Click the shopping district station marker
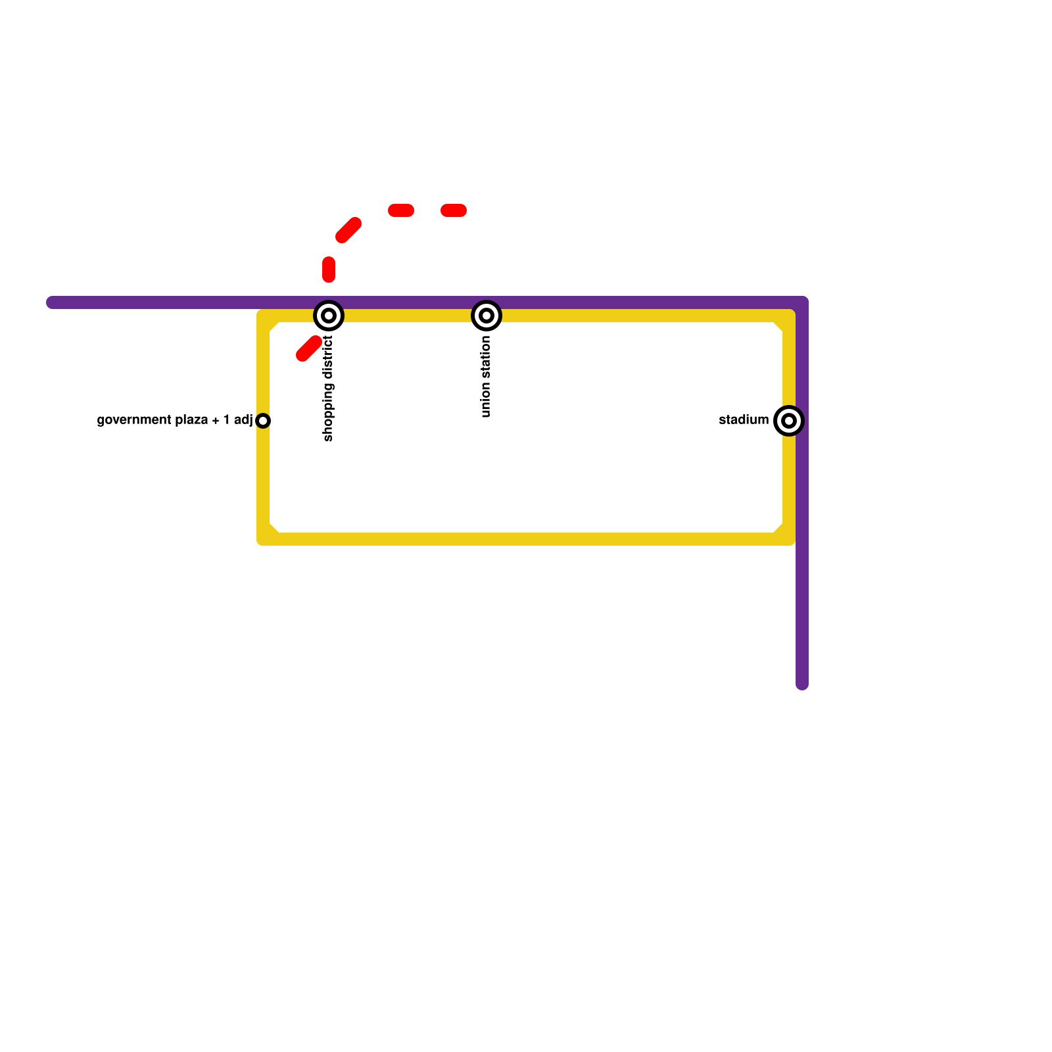[329, 316]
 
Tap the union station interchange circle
[487, 316]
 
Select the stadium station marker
[789, 421]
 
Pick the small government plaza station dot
[263, 421]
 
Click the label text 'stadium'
[744, 420]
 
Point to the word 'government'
[130, 420]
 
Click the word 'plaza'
[191, 420]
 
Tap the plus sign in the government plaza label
[216, 421]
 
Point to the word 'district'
[329, 358]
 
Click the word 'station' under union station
[486, 358]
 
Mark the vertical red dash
[329, 270]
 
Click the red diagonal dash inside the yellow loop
[309, 348]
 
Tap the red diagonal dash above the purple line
[348, 229]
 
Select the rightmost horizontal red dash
[454, 210]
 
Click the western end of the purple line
[52, 302]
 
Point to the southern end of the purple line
[802, 684]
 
